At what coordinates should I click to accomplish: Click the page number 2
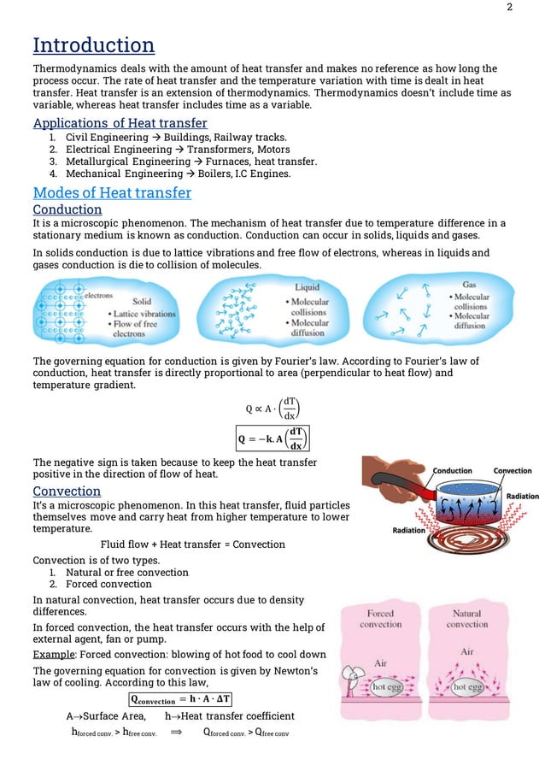pos(509,8)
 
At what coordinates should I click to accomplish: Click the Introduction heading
pos(93,44)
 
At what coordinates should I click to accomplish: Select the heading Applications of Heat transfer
pos(120,123)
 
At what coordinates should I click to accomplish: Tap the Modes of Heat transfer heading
pos(111,192)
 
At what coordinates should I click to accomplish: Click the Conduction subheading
pos(67,209)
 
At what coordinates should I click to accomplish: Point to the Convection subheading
pos(67,491)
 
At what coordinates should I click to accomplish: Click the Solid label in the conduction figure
pos(142,302)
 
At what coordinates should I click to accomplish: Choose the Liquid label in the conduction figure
pos(308,288)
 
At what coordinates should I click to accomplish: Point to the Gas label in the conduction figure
pos(469,284)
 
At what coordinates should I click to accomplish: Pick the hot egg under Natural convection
pos(466,687)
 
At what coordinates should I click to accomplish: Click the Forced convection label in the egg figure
pos(380,619)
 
